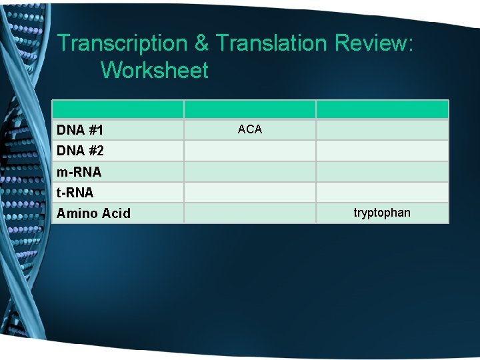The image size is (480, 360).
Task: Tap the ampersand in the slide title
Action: point(202,43)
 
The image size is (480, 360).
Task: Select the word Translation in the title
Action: point(272,43)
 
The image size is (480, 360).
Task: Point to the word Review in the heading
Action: point(374,43)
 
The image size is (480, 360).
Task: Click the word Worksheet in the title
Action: point(155,70)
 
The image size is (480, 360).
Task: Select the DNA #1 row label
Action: point(79,129)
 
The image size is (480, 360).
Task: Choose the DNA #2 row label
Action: point(80,151)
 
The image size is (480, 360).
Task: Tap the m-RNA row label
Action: point(79,172)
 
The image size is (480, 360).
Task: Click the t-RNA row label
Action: point(75,193)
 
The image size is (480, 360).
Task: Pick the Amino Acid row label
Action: point(93,213)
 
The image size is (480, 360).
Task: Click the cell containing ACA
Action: point(250,129)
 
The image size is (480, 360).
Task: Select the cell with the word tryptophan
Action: point(382,213)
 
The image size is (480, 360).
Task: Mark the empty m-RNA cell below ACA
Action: point(250,172)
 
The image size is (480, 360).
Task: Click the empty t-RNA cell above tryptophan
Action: point(382,193)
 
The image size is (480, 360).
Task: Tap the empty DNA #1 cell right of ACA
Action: point(382,129)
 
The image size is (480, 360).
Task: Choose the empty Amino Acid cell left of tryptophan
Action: point(250,213)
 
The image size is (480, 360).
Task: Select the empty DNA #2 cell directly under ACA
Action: point(250,151)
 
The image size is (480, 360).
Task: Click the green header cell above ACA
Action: point(250,109)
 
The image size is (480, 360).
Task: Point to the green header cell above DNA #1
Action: point(118,109)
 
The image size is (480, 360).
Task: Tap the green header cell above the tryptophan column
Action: point(382,109)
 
